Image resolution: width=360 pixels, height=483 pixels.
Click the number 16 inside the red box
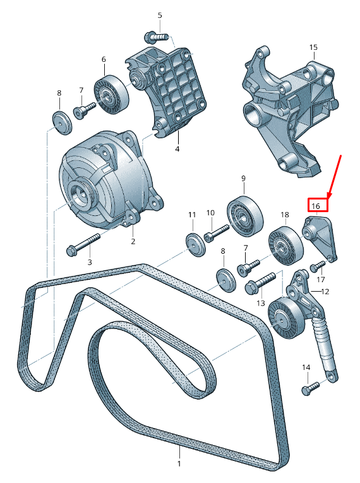pyautogui.click(x=317, y=205)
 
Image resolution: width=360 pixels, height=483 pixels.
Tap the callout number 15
pyautogui.click(x=313, y=47)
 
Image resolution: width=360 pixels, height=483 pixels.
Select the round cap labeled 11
pyautogui.click(x=195, y=244)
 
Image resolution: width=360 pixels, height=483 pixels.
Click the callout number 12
pyautogui.click(x=325, y=292)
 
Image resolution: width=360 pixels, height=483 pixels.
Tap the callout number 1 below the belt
pyautogui.click(x=179, y=464)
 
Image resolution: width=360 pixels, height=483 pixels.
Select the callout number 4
pyautogui.click(x=177, y=149)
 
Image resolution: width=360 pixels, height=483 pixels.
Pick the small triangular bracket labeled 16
pyautogui.click(x=321, y=238)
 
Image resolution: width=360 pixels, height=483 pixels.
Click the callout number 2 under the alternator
pyautogui.click(x=133, y=241)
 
